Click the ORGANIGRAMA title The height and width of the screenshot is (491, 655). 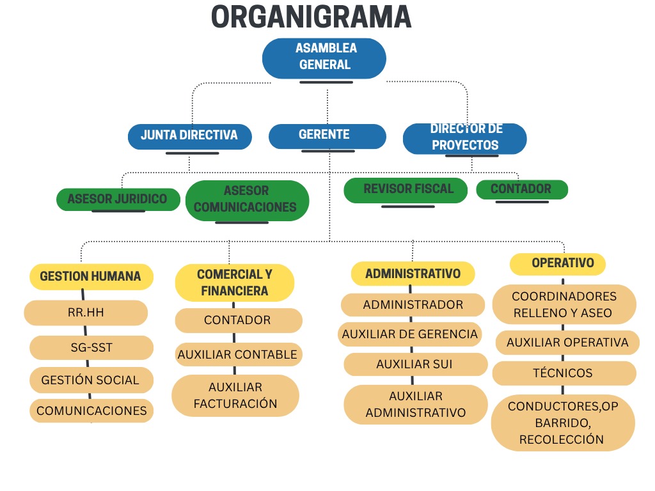pyautogui.click(x=311, y=17)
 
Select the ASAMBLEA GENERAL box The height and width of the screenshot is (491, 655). pyautogui.click(x=324, y=57)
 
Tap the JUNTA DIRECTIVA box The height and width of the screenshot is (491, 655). pyautogui.click(x=189, y=136)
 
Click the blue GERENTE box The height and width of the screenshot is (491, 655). pyautogui.click(x=327, y=136)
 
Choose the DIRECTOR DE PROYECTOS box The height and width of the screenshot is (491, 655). pyautogui.click(x=465, y=137)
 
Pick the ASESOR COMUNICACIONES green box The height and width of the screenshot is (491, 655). pyautogui.click(x=247, y=199)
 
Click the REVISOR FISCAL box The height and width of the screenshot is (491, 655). pyautogui.click(x=406, y=189)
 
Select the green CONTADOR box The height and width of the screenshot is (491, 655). pyautogui.click(x=521, y=189)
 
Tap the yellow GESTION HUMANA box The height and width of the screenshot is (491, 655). pyautogui.click(x=91, y=277)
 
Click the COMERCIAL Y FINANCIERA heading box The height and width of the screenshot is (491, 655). pyautogui.click(x=235, y=283)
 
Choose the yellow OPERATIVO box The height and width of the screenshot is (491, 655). pyautogui.click(x=558, y=263)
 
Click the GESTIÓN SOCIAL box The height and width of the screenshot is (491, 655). pyautogui.click(x=91, y=380)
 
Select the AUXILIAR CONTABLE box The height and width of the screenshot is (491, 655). pyautogui.click(x=237, y=354)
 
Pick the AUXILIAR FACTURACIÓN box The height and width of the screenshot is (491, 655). pyautogui.click(x=235, y=395)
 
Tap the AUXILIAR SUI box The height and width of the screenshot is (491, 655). pyautogui.click(x=414, y=364)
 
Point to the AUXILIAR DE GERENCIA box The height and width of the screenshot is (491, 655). pyautogui.click(x=410, y=334)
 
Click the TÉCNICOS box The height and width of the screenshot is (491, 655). pyautogui.click(x=563, y=373)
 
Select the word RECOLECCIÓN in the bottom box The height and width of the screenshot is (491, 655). pyautogui.click(x=562, y=440)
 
